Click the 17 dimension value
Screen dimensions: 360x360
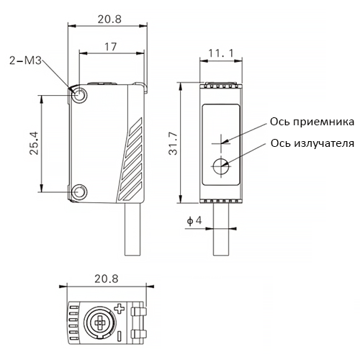(x=110, y=47)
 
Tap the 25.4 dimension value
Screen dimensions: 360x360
(x=34, y=143)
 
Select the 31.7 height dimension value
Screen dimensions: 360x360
(x=173, y=143)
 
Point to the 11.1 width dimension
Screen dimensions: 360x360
(x=221, y=53)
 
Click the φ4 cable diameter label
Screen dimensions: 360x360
(x=194, y=220)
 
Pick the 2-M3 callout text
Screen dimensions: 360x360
(x=25, y=60)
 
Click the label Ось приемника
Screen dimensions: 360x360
(x=312, y=122)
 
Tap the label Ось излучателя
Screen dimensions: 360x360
(x=312, y=143)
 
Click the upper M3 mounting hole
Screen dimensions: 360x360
(x=78, y=95)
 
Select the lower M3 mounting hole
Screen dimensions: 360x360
(x=78, y=192)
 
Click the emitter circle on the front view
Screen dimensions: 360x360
(x=221, y=166)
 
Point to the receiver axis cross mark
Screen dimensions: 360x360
(x=221, y=143)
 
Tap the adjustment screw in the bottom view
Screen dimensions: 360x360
(x=99, y=323)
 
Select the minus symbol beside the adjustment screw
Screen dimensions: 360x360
(x=120, y=336)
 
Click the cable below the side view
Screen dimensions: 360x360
(x=132, y=229)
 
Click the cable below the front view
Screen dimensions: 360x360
(x=221, y=229)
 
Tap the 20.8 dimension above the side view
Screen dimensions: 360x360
(x=109, y=19)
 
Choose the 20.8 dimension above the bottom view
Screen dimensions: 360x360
(x=107, y=279)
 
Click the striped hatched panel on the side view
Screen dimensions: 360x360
(x=131, y=160)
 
